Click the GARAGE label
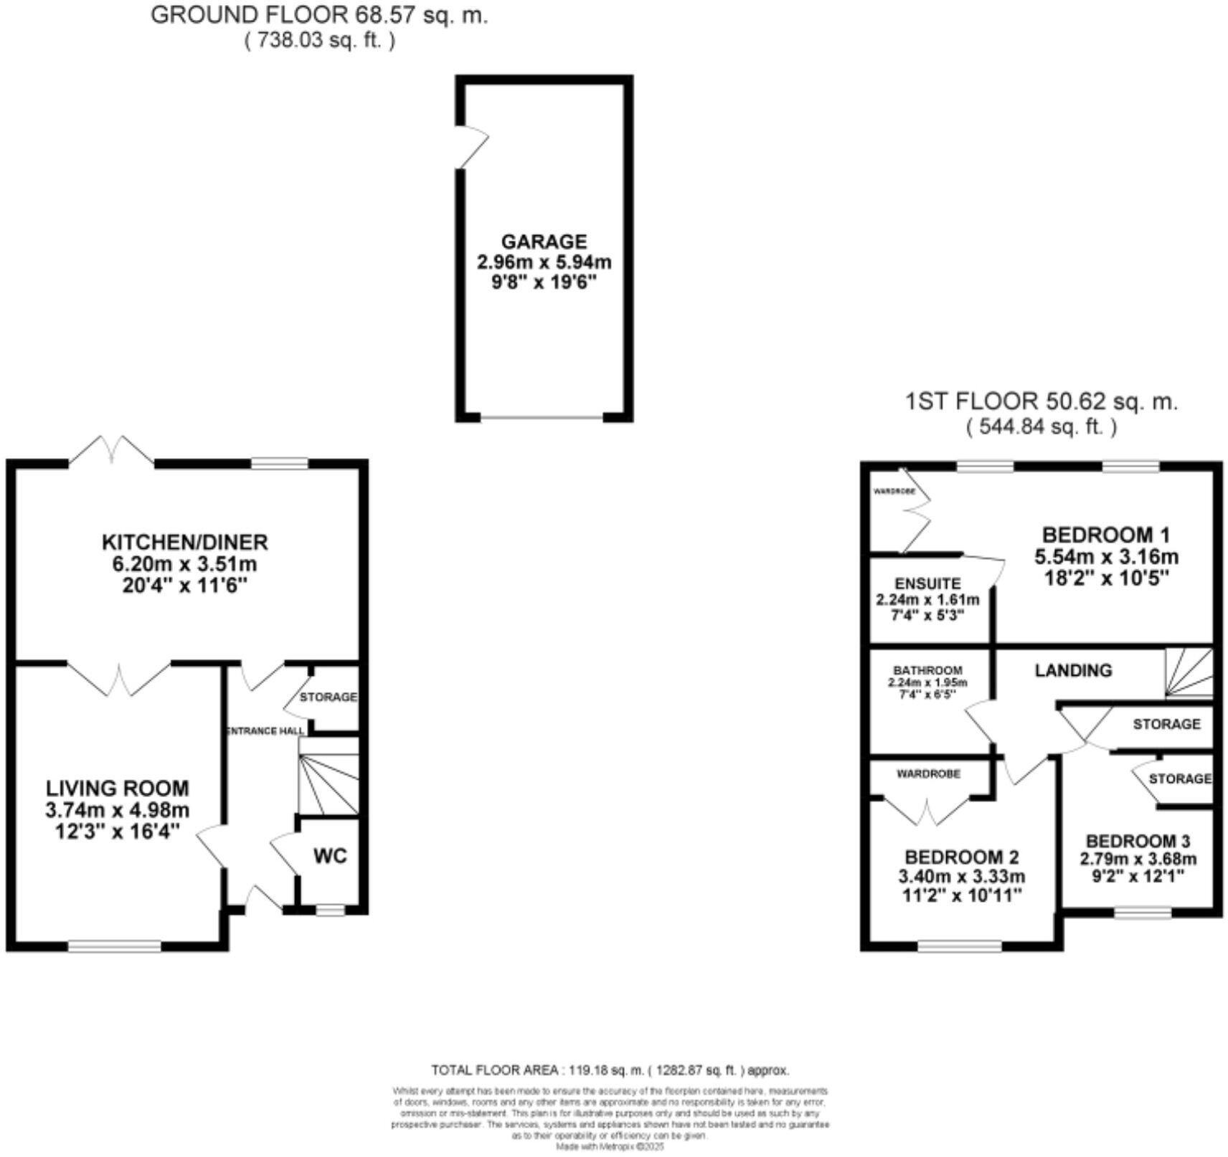[x=544, y=242]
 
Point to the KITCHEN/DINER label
[x=184, y=542]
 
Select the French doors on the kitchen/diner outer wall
[x=112, y=452]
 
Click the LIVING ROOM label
[x=118, y=789]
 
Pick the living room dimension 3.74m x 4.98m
[x=118, y=811]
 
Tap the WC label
[x=330, y=856]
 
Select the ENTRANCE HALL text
[x=265, y=731]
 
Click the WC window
[x=330, y=910]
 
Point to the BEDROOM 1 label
[x=1105, y=535]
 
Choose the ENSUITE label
[x=927, y=584]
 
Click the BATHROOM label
[x=927, y=670]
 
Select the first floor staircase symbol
[x=1189, y=672]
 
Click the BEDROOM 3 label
[x=1138, y=841]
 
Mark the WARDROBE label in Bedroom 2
[x=928, y=774]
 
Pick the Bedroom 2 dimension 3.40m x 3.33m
[x=961, y=876]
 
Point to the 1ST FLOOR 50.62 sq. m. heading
[x=1041, y=401]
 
